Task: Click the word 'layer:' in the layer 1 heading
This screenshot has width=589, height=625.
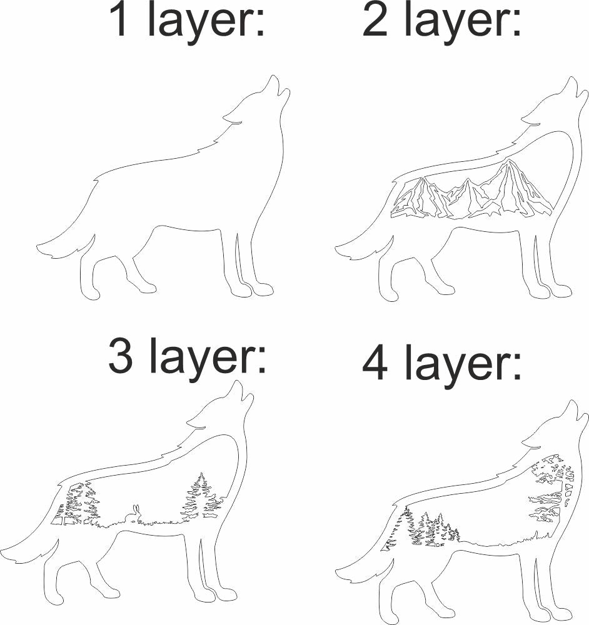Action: tap(207, 22)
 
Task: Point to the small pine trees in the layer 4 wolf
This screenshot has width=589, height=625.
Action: tap(431, 530)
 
